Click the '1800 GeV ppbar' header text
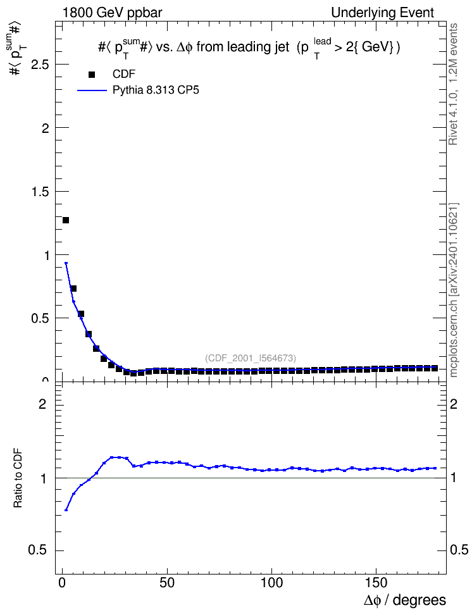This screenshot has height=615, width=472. (x=112, y=13)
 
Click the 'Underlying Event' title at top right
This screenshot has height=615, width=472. (x=383, y=13)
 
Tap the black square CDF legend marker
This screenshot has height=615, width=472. (x=92, y=75)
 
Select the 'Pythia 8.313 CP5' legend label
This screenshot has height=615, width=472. (x=156, y=90)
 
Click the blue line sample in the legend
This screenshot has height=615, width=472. (x=92, y=90)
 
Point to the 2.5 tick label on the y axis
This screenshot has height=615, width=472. (x=40, y=65)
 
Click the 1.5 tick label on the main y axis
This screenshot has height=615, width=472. (x=40, y=192)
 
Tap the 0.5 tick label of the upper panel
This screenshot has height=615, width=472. (x=40, y=318)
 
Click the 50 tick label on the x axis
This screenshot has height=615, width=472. (x=167, y=583)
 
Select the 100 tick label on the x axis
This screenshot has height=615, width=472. (x=271, y=583)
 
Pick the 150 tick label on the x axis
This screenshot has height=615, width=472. (x=376, y=583)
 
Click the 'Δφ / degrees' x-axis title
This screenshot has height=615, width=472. (x=404, y=600)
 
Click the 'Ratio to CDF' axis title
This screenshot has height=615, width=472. (x=18, y=478)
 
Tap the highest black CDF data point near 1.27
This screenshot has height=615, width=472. (x=66, y=220)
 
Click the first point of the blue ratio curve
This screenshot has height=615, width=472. (x=66, y=510)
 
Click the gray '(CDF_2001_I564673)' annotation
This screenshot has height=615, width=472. (x=251, y=358)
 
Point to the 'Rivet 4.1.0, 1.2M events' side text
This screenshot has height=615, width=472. (x=453, y=84)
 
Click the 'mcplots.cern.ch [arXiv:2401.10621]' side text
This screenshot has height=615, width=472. (x=453, y=290)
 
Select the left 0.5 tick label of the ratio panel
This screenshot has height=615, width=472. (x=37, y=550)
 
